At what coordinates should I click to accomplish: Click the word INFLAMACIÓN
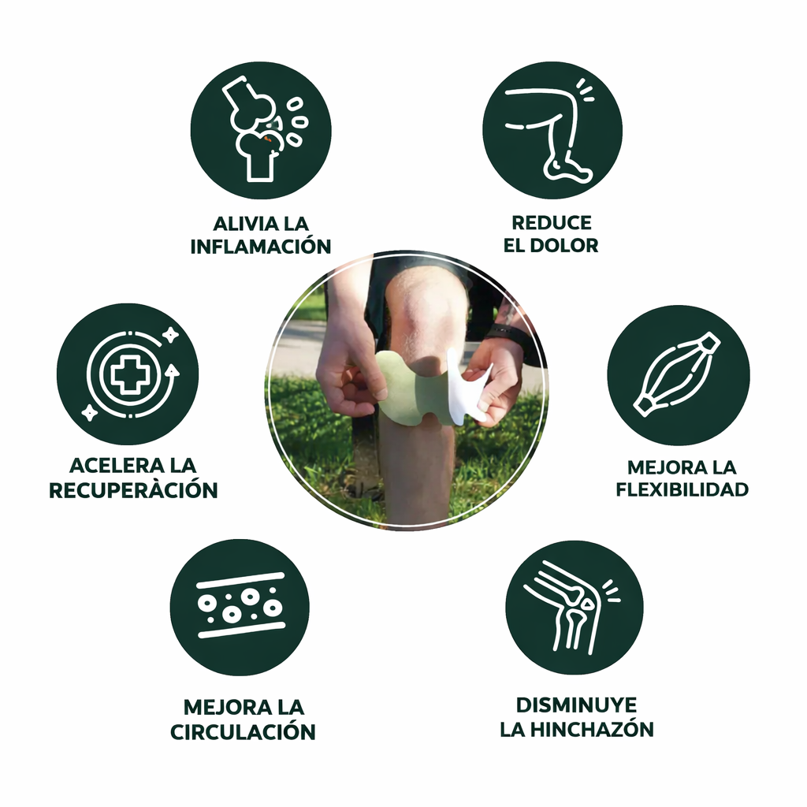tap(260, 246)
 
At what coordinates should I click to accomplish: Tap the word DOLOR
tap(564, 246)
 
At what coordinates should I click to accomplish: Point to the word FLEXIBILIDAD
tap(682, 489)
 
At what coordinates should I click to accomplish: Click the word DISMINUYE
tap(576, 705)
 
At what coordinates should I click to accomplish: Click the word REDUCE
tap(552, 223)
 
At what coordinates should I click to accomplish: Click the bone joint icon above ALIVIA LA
tap(263, 129)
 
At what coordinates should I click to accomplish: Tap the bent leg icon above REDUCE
tap(549, 132)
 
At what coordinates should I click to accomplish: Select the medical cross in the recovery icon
tap(126, 374)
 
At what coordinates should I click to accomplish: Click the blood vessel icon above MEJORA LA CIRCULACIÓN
tap(240, 605)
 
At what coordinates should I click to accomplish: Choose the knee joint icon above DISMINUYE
tap(571, 608)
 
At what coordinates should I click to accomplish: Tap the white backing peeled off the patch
tap(466, 386)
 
